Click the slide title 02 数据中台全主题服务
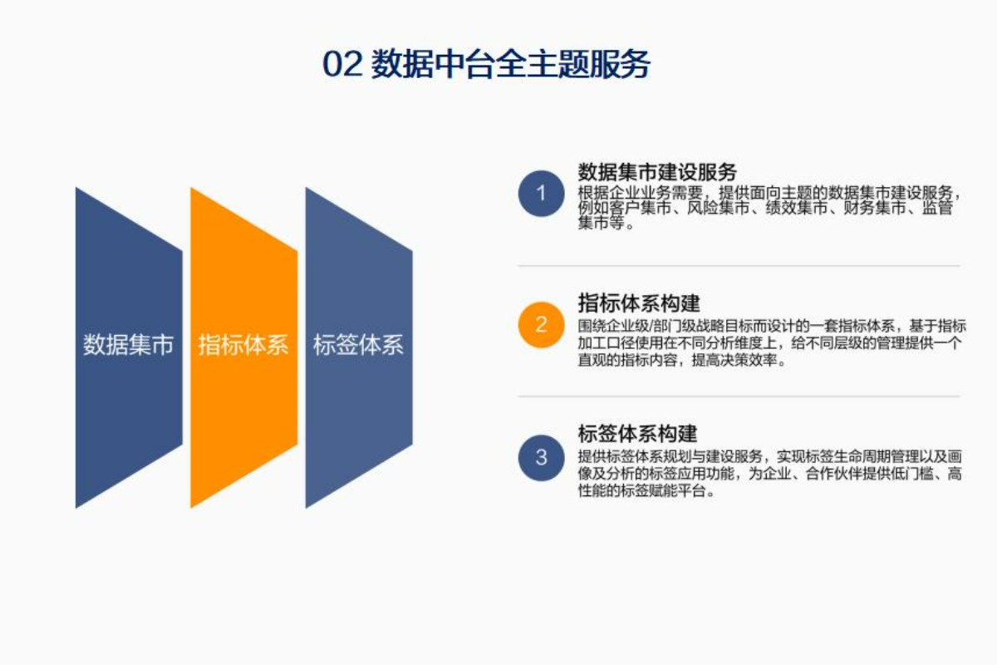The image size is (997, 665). pyautogui.click(x=486, y=64)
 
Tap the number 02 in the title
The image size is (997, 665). pyautogui.click(x=341, y=65)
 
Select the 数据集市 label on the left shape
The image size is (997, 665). pyautogui.click(x=128, y=345)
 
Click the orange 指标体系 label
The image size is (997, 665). pyautogui.click(x=243, y=345)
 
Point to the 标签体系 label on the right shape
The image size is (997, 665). pyautogui.click(x=358, y=345)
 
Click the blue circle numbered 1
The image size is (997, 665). pyautogui.click(x=541, y=194)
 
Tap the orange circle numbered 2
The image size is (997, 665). pyautogui.click(x=541, y=324)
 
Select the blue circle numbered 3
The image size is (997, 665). pyautogui.click(x=541, y=457)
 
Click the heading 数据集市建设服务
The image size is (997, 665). pyautogui.click(x=657, y=172)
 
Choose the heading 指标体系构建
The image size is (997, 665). pyautogui.click(x=638, y=301)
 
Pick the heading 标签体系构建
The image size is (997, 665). pyautogui.click(x=638, y=433)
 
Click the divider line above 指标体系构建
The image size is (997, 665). pyautogui.click(x=739, y=266)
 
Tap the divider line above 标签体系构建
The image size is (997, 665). pyautogui.click(x=739, y=397)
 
